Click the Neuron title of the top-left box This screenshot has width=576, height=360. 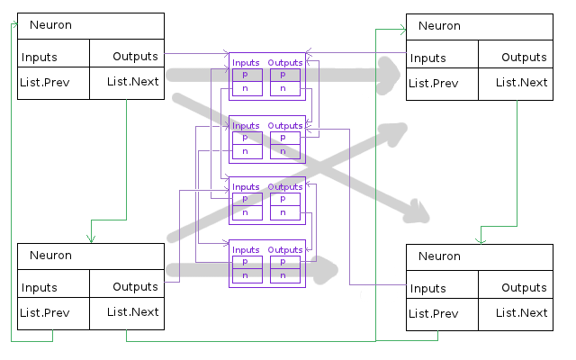[49, 25]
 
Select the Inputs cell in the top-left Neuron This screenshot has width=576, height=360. [39, 57]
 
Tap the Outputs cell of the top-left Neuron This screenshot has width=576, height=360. [135, 56]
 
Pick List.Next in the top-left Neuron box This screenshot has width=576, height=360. [132, 82]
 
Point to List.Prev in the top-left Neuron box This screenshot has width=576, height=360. [44, 82]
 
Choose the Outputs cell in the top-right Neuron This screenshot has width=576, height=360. [524, 58]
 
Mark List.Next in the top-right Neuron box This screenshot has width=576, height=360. [521, 83]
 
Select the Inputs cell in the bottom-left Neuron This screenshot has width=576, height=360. [39, 288]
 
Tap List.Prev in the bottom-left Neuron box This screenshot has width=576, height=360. [44, 312]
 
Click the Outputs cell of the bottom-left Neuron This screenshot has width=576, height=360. [135, 287]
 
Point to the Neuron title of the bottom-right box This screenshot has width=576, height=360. [438, 257]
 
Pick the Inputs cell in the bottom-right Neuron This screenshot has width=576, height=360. [427, 288]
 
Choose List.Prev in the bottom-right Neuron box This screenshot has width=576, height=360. [433, 313]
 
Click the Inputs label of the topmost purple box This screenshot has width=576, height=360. [246, 62]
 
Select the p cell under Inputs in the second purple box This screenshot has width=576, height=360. [246, 138]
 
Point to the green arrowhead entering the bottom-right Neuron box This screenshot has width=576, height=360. [481, 239]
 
